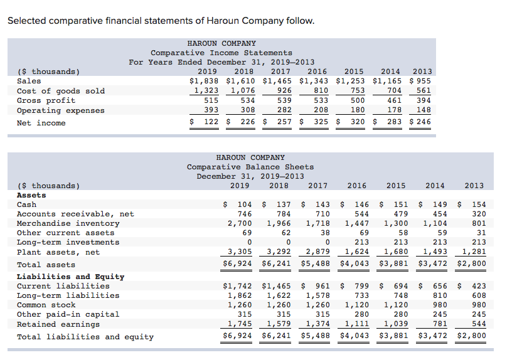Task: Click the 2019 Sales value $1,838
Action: [x=205, y=81]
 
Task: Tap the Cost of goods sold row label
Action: [x=61, y=91]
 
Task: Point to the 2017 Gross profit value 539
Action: [x=284, y=100]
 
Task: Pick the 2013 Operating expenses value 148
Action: [x=424, y=110]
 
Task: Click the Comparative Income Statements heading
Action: [x=221, y=53]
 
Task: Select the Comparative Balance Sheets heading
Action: [x=250, y=167]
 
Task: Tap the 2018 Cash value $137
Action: [x=280, y=204]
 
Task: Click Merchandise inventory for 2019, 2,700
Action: [x=239, y=223]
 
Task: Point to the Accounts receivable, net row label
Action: [x=75, y=214]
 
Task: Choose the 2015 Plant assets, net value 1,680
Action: [x=395, y=252]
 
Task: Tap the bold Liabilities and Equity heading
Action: [x=70, y=277]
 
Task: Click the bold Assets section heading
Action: [x=31, y=195]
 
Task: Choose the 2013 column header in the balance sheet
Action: [x=474, y=186]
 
